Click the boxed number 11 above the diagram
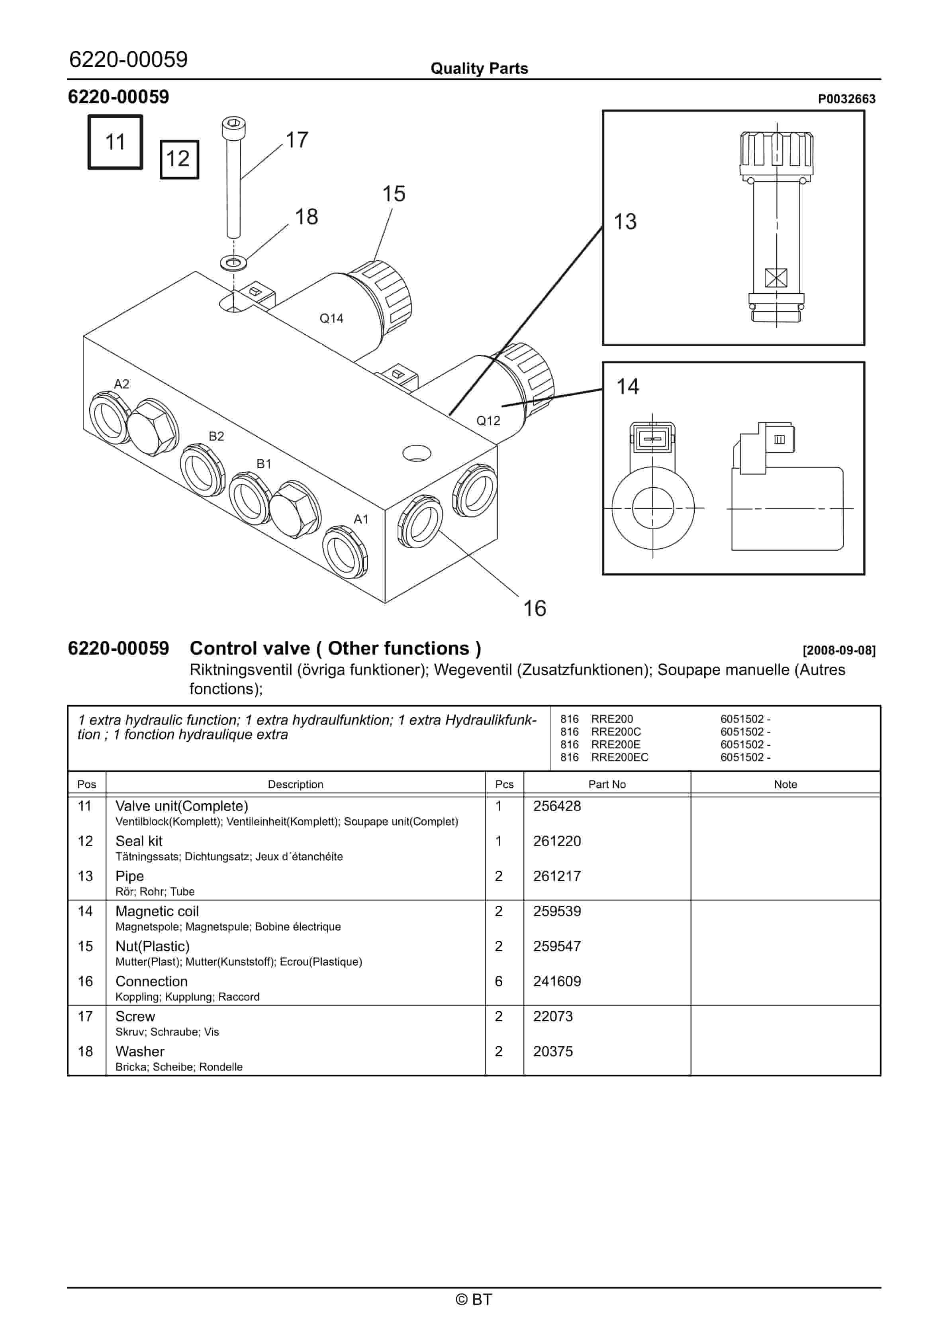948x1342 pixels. (x=115, y=142)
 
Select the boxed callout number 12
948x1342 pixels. (x=178, y=159)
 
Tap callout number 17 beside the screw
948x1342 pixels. (x=296, y=140)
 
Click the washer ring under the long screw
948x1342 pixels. (x=234, y=262)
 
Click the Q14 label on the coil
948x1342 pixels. (x=331, y=318)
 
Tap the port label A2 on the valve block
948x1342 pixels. (x=121, y=384)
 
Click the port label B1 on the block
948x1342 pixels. (x=264, y=463)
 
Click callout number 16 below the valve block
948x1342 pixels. (x=534, y=608)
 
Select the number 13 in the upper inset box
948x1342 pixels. (x=625, y=222)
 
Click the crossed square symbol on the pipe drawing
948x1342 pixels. (x=776, y=278)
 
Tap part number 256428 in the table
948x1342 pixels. (x=556, y=806)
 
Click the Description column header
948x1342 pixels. (x=295, y=785)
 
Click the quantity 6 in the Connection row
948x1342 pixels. (x=499, y=981)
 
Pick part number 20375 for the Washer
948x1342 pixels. (x=552, y=1052)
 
